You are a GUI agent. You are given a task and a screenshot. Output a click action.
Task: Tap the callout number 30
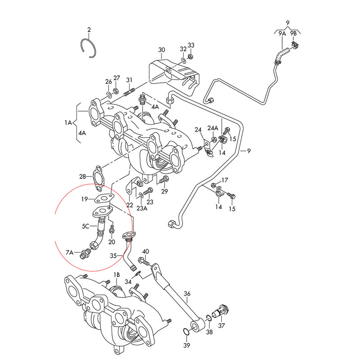pyautogui.click(x=162, y=49)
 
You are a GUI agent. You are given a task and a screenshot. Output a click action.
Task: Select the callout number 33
pyautogui.click(x=191, y=45)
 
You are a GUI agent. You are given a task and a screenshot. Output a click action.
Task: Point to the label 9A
pyautogui.click(x=282, y=33)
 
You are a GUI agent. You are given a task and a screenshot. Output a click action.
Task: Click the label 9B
pyautogui.click(x=293, y=33)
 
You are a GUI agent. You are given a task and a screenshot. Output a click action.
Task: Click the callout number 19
pyautogui.click(x=85, y=199)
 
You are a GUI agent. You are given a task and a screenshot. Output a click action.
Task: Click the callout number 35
pyautogui.click(x=114, y=255)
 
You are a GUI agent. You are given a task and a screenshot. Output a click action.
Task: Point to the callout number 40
pyautogui.click(x=145, y=251)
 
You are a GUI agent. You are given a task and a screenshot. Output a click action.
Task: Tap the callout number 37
pyautogui.click(x=221, y=325)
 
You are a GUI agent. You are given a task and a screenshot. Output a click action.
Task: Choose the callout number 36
pyautogui.click(x=187, y=293)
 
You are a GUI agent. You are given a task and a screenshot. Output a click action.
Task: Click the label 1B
pyautogui.click(x=117, y=274)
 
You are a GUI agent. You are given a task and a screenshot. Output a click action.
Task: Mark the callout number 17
pyautogui.click(x=225, y=180)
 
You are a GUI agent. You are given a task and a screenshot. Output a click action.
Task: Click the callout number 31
pyautogui.click(x=130, y=80)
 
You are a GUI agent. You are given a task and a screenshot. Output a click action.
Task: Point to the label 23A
pyautogui.click(x=142, y=208)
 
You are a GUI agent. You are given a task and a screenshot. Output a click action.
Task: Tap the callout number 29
pyautogui.click(x=164, y=192)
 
